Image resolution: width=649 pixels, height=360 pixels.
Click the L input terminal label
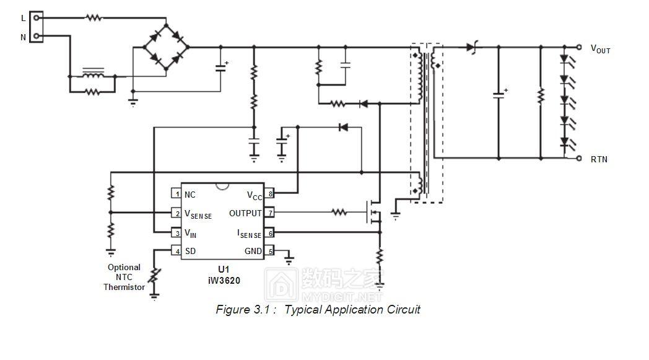click(x=24, y=18)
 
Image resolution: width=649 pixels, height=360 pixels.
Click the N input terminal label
click(x=24, y=37)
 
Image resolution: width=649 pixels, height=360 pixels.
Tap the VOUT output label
click(x=600, y=48)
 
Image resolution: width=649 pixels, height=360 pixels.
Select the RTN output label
click(x=599, y=159)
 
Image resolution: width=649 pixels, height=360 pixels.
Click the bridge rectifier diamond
click(x=165, y=46)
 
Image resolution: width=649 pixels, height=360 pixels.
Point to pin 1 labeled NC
click(x=189, y=194)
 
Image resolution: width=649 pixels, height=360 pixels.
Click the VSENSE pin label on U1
click(x=198, y=214)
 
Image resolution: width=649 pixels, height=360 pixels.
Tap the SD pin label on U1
click(x=190, y=251)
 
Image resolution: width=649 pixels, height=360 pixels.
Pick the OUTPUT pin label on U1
click(x=246, y=213)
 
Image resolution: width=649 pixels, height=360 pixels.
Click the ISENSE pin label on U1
click(x=250, y=234)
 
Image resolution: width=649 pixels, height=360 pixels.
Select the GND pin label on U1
click(x=253, y=251)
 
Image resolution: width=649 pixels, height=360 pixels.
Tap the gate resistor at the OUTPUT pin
click(x=339, y=213)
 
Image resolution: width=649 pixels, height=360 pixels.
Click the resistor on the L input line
click(x=94, y=18)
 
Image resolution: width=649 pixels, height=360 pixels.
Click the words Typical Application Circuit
click(x=352, y=309)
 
